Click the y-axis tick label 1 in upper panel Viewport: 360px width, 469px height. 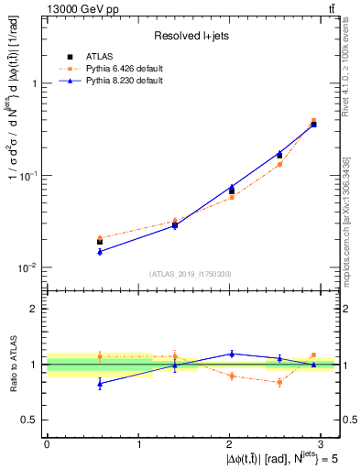(x=36, y=83)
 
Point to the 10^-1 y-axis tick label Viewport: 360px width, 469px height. (x=30, y=175)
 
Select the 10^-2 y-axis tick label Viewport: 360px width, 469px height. (x=30, y=267)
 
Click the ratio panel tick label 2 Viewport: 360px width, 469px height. (x=36, y=309)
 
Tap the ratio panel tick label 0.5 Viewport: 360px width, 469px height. (x=32, y=420)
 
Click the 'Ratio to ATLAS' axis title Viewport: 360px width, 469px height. (x=12, y=364)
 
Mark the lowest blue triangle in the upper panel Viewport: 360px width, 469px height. (x=100, y=251)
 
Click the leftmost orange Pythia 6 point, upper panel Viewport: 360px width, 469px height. (x=100, y=237)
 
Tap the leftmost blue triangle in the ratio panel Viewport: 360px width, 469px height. (x=100, y=384)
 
